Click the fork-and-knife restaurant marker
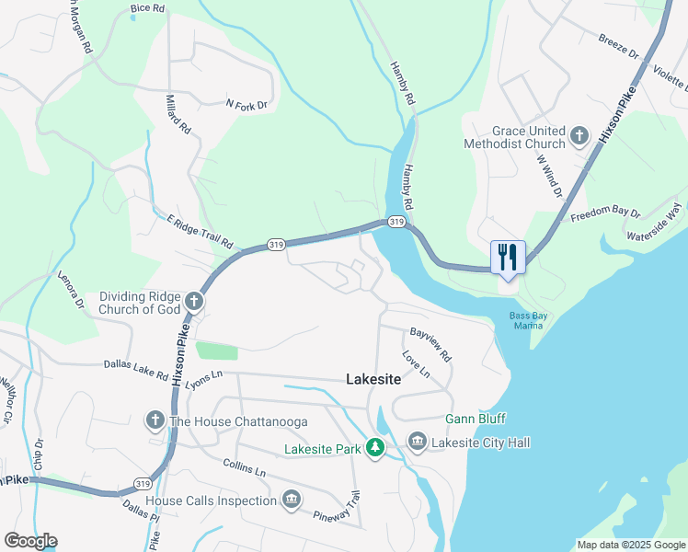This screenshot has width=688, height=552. tap(508, 257)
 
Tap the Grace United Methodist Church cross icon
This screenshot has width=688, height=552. tap(579, 137)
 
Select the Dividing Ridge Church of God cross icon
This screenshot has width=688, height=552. tap(194, 300)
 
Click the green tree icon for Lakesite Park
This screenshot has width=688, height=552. tap(374, 448)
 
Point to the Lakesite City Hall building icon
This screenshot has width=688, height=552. tap(417, 443)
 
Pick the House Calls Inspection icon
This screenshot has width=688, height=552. tap(292, 500)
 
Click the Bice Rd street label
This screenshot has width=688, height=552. tap(147, 8)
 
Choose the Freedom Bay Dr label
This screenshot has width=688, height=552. tap(605, 217)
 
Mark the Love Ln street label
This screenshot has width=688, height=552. tap(416, 363)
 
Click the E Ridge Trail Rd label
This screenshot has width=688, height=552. tap(200, 230)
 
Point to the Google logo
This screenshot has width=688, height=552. tap(30, 541)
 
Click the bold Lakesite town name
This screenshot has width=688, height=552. tap(373, 378)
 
